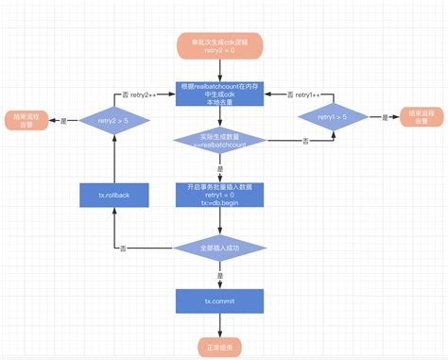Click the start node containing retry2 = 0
(x=219, y=44)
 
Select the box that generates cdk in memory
(x=219, y=94)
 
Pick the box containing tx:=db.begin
(x=219, y=194)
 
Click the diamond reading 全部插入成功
(x=219, y=248)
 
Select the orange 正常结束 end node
(x=219, y=347)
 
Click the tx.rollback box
(x=113, y=195)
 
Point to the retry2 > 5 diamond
(x=113, y=120)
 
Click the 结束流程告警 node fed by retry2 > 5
(x=26, y=121)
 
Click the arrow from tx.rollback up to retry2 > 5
(x=113, y=161)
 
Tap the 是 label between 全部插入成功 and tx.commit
(x=219, y=274)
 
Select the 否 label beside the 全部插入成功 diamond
(x=123, y=248)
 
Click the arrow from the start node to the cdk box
(x=219, y=68)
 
